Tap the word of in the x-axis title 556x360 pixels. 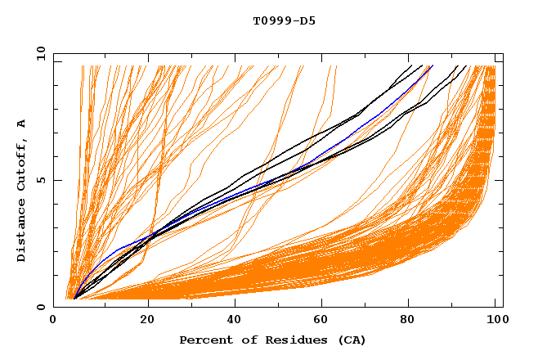click(x=243, y=340)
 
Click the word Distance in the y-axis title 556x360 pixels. click(x=21, y=232)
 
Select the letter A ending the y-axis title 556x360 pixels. click(x=21, y=124)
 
